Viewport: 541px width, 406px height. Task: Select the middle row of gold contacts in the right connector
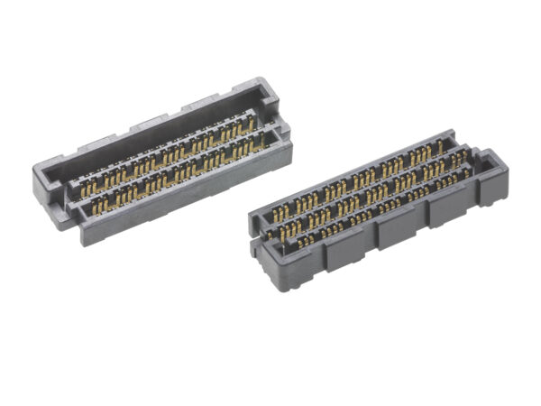tap(370, 191)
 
